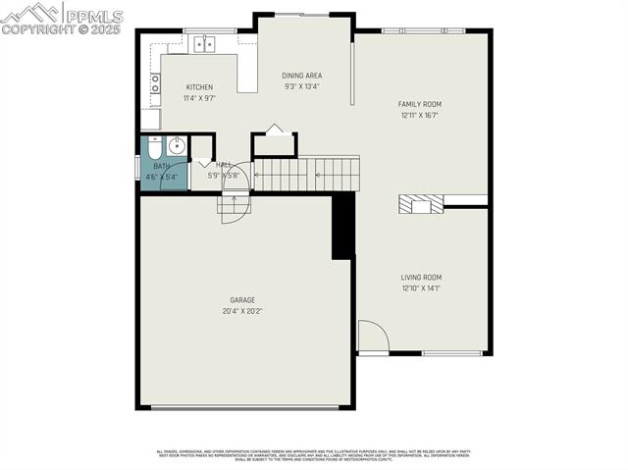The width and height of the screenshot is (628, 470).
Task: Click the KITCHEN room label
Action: [199, 86]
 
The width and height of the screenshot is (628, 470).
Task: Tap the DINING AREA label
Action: [301, 76]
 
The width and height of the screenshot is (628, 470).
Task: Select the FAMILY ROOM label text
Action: [419, 104]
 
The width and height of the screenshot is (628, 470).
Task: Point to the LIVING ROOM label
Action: [420, 278]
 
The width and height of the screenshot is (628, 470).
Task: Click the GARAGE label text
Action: [242, 300]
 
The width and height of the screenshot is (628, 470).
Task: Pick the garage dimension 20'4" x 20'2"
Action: [242, 311]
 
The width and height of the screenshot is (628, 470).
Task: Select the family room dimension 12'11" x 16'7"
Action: [419, 115]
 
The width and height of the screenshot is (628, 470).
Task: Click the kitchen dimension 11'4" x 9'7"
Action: [199, 98]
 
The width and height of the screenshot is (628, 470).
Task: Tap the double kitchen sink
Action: [204, 43]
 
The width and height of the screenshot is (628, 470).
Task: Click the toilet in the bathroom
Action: [155, 149]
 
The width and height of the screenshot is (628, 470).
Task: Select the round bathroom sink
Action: [177, 147]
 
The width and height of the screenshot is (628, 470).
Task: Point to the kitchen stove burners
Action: [155, 84]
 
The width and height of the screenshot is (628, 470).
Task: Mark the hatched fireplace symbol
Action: [419, 203]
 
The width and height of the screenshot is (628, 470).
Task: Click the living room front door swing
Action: [372, 336]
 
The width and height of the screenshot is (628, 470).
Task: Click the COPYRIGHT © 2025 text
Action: [61, 29]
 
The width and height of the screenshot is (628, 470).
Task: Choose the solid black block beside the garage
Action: [342, 225]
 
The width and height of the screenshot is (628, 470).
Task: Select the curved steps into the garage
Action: [235, 208]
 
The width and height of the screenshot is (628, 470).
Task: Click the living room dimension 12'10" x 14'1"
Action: [420, 288]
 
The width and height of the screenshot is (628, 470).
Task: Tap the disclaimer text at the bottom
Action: [314, 455]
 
